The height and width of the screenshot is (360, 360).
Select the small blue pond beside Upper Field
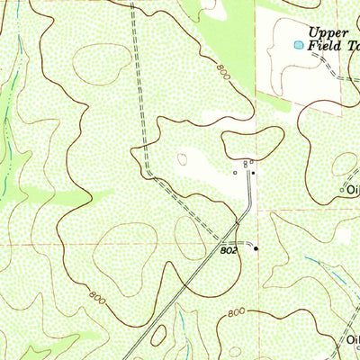click(297, 43)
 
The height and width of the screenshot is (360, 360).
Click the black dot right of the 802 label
click(256, 248)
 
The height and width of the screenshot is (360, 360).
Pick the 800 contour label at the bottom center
click(235, 312)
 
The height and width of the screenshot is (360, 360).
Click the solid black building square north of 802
click(253, 172)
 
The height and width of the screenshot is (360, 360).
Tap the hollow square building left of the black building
click(235, 172)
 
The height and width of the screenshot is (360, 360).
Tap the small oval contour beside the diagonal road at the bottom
click(158, 336)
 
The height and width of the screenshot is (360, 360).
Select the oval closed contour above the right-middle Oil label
click(344, 164)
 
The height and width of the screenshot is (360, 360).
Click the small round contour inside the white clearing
click(184, 160)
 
